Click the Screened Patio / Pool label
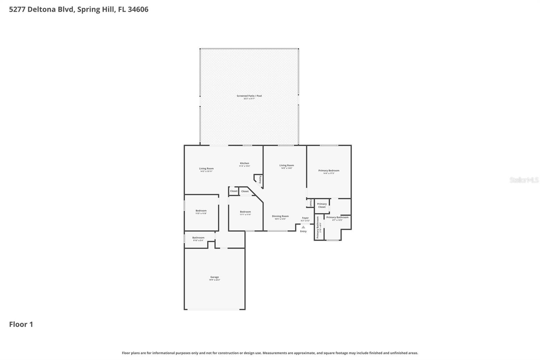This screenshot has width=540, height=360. (x=249, y=96)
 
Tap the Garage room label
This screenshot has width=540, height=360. (x=215, y=277)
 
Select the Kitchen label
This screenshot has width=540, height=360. (x=244, y=163)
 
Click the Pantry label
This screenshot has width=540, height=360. (x=260, y=179)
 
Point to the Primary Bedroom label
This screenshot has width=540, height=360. (x=329, y=171)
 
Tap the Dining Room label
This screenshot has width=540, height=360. (x=280, y=216)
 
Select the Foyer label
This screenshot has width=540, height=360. (x=305, y=218)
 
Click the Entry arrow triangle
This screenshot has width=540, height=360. (x=303, y=227)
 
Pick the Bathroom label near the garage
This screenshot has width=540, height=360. (x=198, y=238)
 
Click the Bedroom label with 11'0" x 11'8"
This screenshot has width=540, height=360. (x=201, y=211)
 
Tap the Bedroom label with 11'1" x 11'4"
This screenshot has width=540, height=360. (x=245, y=212)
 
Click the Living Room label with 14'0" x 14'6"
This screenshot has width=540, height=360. (x=287, y=165)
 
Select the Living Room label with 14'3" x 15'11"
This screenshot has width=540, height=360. (x=206, y=169)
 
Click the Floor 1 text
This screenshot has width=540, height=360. (x=21, y=324)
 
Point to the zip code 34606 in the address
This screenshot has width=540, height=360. (x=138, y=9)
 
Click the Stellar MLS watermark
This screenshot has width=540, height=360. (x=524, y=180)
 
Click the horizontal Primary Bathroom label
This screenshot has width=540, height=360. (x=337, y=217)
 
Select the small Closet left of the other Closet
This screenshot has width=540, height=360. (x=234, y=191)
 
